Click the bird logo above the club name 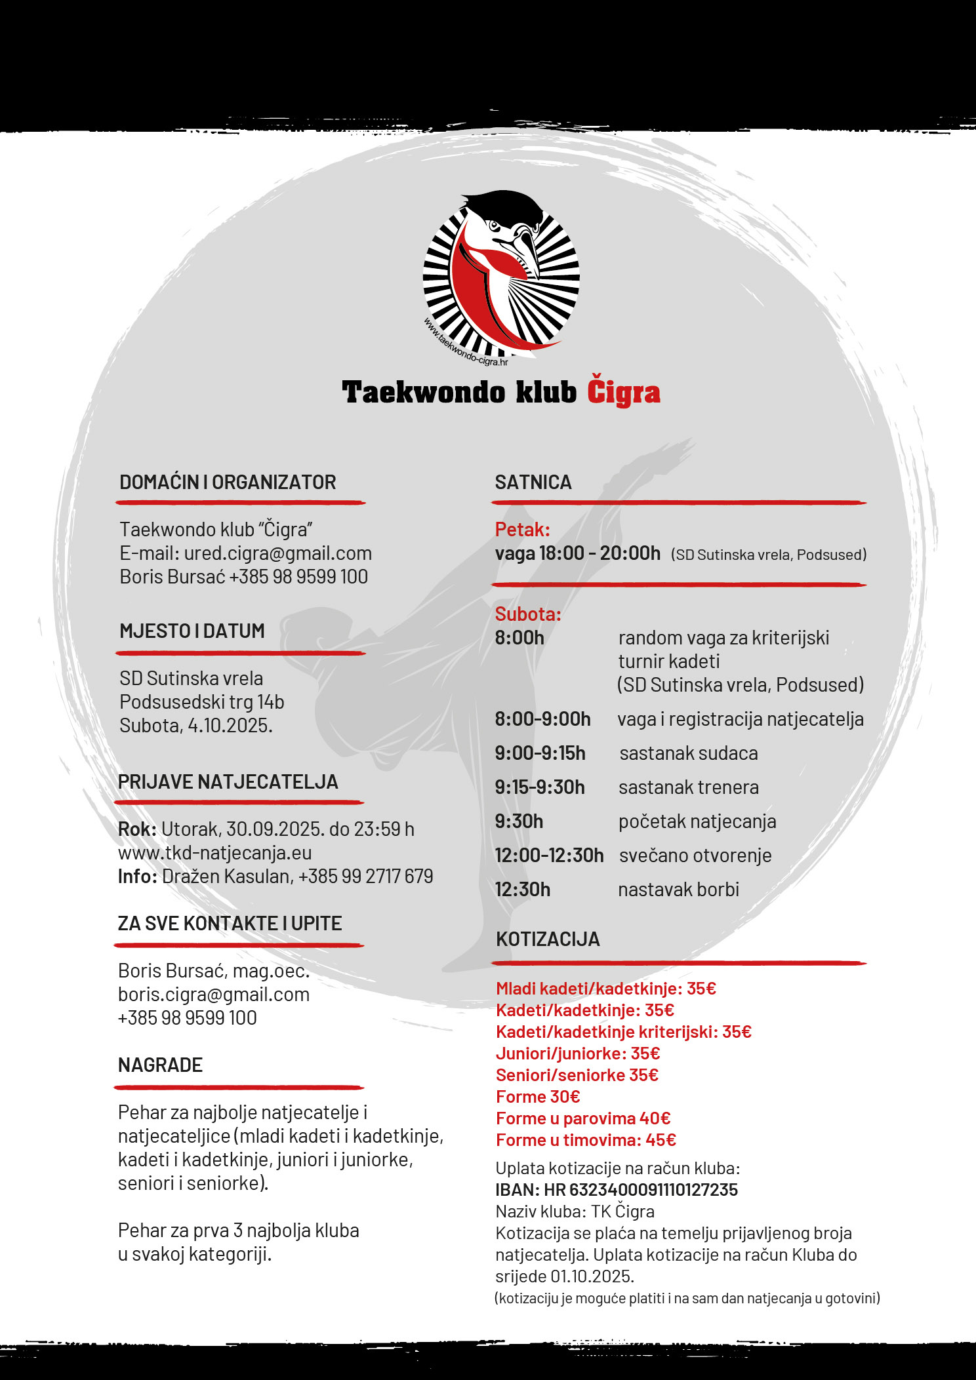pos(501,275)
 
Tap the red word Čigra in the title pos(623,393)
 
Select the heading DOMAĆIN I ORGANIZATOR pos(228,483)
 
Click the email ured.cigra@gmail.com pos(277,553)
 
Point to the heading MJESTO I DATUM pos(192,631)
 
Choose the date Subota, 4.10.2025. pos(195,726)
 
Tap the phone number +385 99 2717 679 pos(365,877)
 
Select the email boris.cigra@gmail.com pos(214,995)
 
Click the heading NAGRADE pos(160,1065)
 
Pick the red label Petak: pos(522,530)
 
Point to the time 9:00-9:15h pos(540,753)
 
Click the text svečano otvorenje pos(695,856)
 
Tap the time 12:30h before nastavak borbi pos(522,890)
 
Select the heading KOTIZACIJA pos(548,939)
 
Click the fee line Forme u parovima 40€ pos(583,1118)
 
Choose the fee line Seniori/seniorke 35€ pos(577,1075)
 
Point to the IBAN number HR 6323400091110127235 pos(653,1190)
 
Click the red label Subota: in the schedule pos(528,614)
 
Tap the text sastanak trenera pos(689,787)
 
